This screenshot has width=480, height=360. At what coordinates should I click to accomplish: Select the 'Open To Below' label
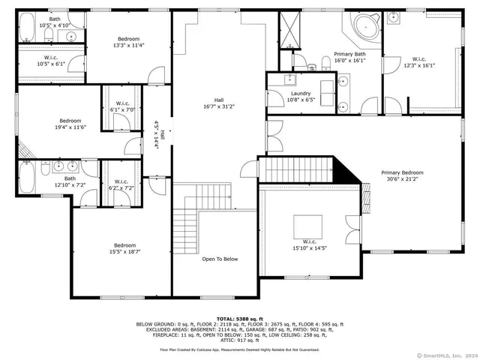tap(220, 259)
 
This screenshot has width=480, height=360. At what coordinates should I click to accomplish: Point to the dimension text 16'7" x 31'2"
tap(219, 106)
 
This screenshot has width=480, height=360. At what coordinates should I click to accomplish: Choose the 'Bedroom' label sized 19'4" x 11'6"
tap(70, 121)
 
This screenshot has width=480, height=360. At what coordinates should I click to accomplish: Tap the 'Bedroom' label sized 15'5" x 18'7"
tap(124, 245)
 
